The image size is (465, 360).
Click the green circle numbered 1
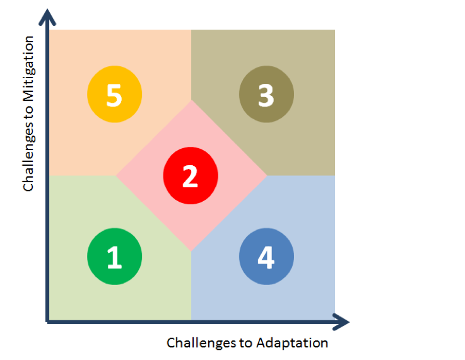click(x=114, y=257)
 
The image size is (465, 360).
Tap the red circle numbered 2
click(x=191, y=175)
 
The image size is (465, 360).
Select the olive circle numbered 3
click(x=266, y=94)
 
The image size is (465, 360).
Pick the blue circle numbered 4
click(x=266, y=257)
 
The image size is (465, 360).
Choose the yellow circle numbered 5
click(x=114, y=94)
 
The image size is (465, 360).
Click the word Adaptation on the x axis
click(x=292, y=343)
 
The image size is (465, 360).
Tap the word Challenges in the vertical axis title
click(x=29, y=156)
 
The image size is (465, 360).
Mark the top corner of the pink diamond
click(x=191, y=100)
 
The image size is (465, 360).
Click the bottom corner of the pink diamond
click(x=191, y=252)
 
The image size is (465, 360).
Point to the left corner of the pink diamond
click(x=115, y=175)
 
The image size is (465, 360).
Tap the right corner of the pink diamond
click(x=267, y=175)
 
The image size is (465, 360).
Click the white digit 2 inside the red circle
click(x=190, y=177)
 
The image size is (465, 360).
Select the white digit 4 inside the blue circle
click(x=266, y=257)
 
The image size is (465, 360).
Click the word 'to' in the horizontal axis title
click(x=246, y=343)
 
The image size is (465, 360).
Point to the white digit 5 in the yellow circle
click(x=114, y=95)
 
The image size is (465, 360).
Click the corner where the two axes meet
click(x=47, y=322)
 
